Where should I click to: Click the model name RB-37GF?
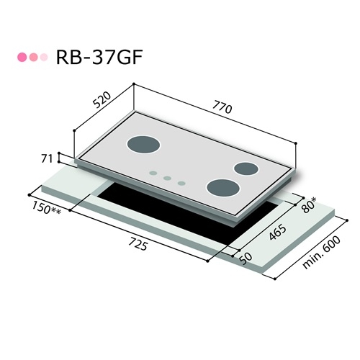(99, 57)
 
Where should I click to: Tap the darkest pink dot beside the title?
(22, 57)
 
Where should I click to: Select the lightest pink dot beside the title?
(44, 57)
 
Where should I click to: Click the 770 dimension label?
(222, 108)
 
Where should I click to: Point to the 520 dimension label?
(102, 99)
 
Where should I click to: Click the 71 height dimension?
(47, 158)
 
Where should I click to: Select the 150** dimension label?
(47, 208)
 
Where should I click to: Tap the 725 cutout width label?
(138, 243)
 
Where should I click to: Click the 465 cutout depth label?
(278, 232)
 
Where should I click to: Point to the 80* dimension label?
(309, 204)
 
